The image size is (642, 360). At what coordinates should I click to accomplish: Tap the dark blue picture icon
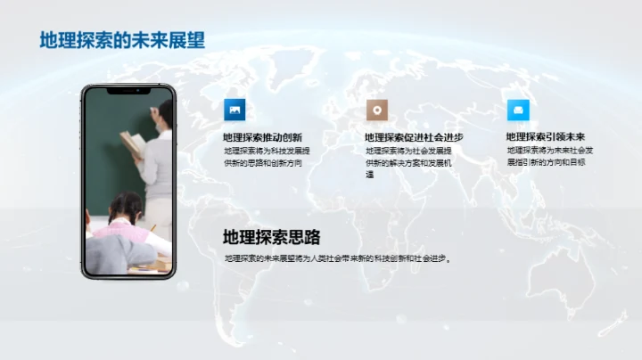click(235, 110)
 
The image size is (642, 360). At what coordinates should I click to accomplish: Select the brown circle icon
click(377, 110)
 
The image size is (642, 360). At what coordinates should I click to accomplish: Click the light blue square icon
click(518, 110)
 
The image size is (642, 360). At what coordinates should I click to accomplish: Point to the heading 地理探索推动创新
click(262, 137)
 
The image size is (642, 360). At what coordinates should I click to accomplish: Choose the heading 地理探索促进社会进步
click(414, 137)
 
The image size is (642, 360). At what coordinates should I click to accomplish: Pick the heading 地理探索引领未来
click(545, 137)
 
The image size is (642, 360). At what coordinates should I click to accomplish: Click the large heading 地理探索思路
click(271, 237)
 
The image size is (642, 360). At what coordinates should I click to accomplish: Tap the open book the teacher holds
click(132, 141)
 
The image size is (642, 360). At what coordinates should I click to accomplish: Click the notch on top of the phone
click(128, 88)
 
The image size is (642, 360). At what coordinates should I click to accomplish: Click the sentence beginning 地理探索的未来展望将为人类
click(338, 259)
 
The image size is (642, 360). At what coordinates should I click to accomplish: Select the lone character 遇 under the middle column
click(369, 176)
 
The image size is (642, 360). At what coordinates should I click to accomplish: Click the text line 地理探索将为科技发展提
click(267, 151)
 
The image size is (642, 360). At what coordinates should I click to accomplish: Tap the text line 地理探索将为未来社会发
click(549, 151)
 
